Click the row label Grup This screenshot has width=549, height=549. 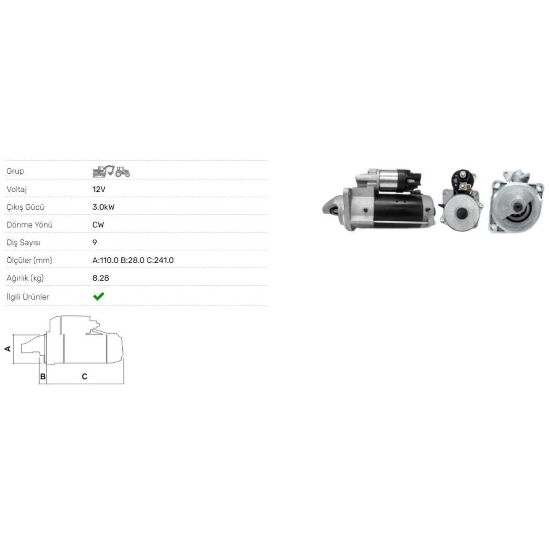pyautogui.click(x=15, y=171)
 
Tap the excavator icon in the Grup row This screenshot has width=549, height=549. pyautogui.click(x=104, y=171)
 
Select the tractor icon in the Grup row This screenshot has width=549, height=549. pyautogui.click(x=123, y=172)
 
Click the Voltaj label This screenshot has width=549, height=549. pyautogui.click(x=16, y=189)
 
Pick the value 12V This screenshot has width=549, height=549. pyautogui.click(x=99, y=189)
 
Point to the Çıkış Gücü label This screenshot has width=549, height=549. pyautogui.click(x=25, y=207)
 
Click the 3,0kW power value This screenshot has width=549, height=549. pyautogui.click(x=104, y=207)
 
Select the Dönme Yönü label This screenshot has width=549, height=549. pyautogui.click(x=30, y=225)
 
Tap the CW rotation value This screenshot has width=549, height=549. pyautogui.click(x=98, y=225)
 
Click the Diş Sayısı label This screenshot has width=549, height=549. pyautogui.click(x=23, y=243)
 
